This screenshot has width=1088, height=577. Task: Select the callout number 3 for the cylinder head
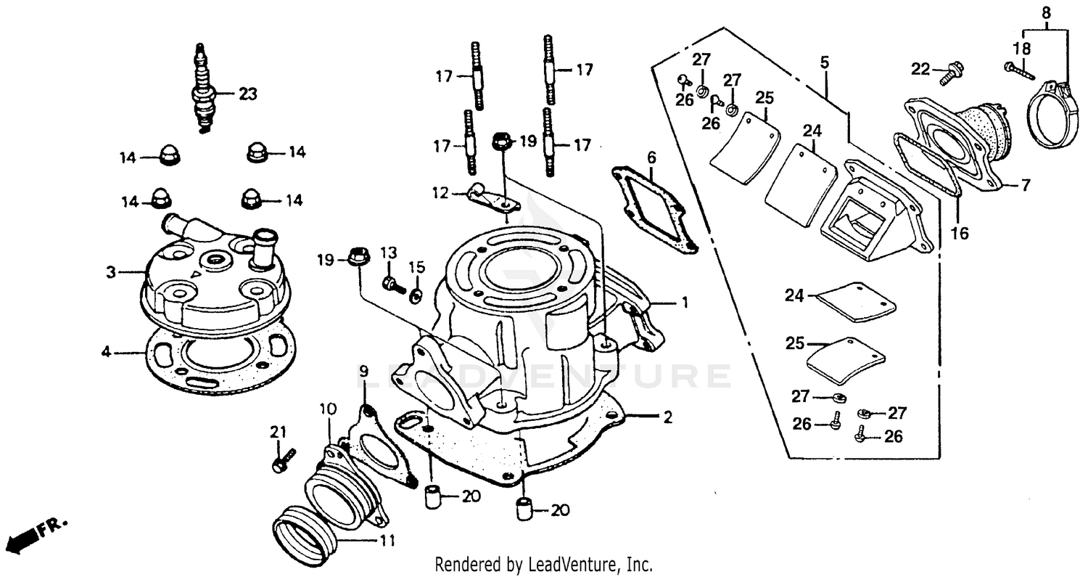tap(111, 273)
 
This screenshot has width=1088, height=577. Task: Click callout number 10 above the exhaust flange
tap(328, 409)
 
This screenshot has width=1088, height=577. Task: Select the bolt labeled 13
tap(392, 284)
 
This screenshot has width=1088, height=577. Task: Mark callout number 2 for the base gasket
tap(667, 417)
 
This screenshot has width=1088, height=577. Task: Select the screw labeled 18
tap(1018, 69)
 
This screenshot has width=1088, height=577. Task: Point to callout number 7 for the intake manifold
tap(1025, 186)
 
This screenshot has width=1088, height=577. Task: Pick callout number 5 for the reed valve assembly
tap(825, 63)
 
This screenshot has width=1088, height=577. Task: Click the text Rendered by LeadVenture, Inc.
tap(543, 564)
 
